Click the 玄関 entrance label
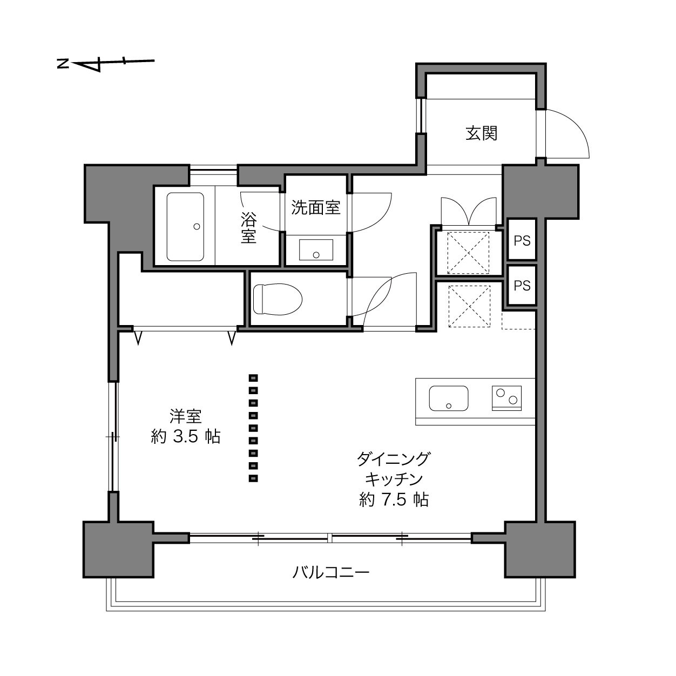481,133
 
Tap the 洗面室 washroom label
316,208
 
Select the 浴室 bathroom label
248,228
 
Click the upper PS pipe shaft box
522,240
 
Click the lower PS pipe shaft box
522,286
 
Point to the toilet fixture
278,299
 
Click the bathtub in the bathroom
185,227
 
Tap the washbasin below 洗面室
316,250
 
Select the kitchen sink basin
448,398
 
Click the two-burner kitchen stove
506,398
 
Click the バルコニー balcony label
331,573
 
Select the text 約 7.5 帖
394,500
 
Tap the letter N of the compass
63,64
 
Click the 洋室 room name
186,416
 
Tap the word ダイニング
394,458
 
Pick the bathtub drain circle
197,227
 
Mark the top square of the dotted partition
253,378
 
